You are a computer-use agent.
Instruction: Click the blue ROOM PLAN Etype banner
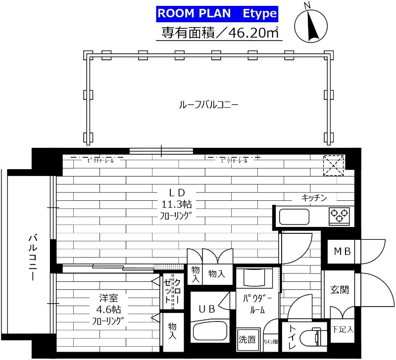[x=217, y=13]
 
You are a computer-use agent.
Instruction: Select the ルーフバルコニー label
[x=208, y=105]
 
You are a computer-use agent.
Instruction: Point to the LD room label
[x=172, y=192]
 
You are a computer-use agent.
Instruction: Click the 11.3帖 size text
[x=172, y=204]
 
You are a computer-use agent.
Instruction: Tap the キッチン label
[x=314, y=198]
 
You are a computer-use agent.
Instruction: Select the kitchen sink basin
[x=295, y=217]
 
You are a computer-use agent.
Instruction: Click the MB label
[x=342, y=252]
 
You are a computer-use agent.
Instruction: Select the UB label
[x=207, y=310]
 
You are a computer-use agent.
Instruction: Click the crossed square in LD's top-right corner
[x=335, y=166]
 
